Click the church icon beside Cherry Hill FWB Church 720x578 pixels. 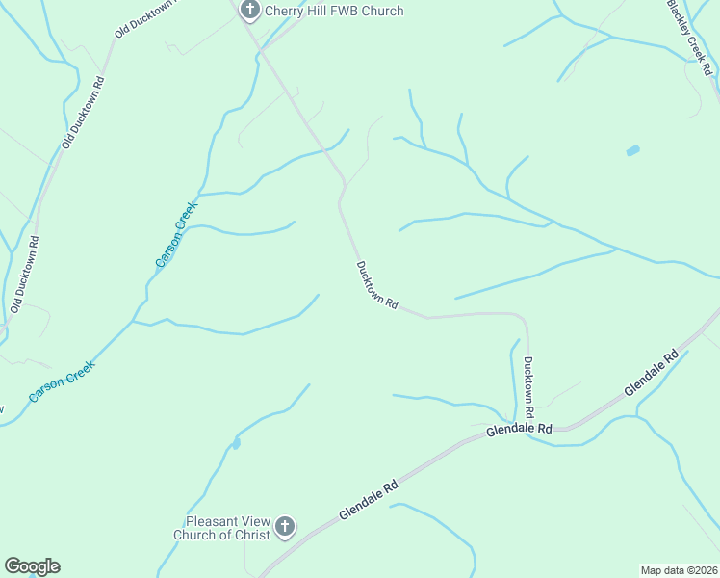[x=250, y=11]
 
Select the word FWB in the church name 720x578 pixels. [x=347, y=11]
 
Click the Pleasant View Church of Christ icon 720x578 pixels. [x=284, y=527]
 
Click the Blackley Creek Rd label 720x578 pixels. [x=691, y=36]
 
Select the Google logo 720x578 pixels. [x=32, y=566]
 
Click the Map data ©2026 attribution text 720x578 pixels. [x=679, y=569]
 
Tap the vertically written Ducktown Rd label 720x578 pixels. [x=528, y=386]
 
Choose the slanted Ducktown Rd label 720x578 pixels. [x=377, y=284]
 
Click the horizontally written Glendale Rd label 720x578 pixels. [x=519, y=429]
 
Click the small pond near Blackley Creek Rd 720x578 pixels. [x=632, y=151]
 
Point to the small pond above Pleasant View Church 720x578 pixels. [x=236, y=444]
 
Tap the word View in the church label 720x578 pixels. [x=251, y=520]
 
